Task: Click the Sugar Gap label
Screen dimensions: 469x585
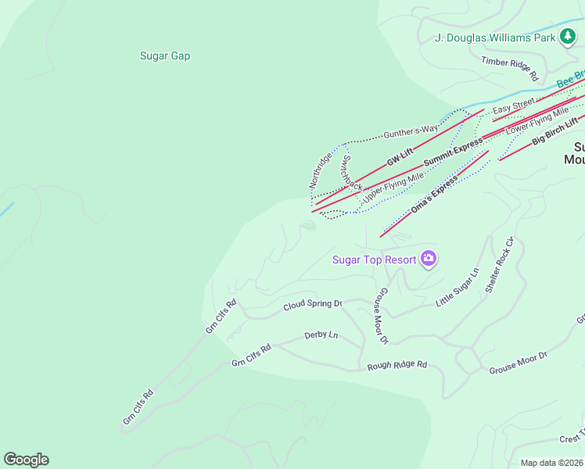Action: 165,55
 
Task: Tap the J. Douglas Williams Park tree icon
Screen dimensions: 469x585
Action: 567,37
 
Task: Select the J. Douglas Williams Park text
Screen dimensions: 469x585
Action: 495,38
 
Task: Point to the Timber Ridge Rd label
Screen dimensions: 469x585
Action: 510,68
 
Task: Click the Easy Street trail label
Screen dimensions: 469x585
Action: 514,104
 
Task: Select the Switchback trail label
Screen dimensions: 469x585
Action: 351,173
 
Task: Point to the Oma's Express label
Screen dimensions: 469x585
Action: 434,195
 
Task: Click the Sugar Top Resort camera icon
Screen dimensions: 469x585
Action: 428,259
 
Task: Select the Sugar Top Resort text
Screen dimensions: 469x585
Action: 374,260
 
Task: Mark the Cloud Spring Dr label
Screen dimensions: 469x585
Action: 313,304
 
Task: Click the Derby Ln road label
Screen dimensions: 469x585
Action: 321,335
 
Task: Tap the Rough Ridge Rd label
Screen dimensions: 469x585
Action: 397,365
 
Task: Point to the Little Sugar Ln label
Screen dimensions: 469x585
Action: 457,287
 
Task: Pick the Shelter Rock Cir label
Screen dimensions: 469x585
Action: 497,265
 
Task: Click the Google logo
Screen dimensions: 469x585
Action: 26,460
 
